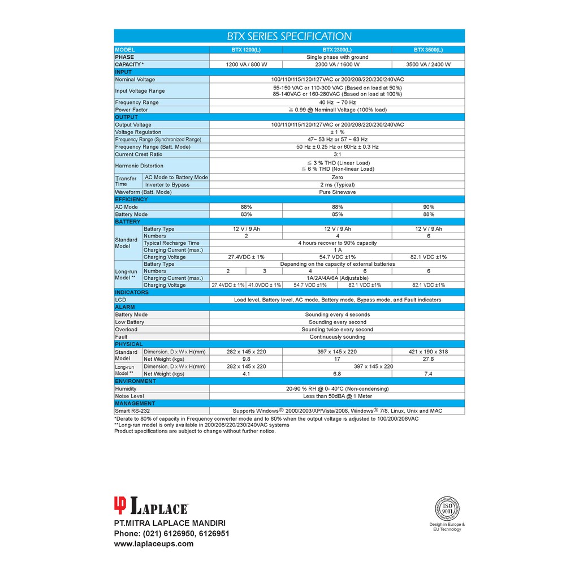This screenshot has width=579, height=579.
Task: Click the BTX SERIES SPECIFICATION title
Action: pyautogui.click(x=289, y=36)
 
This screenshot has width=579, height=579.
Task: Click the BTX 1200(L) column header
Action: pyautogui.click(x=245, y=50)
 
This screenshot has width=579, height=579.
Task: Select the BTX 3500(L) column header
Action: pyautogui.click(x=428, y=50)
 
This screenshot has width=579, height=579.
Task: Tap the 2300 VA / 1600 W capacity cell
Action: pyautogui.click(x=337, y=64)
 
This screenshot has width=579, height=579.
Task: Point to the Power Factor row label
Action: pyautogui.click(x=132, y=110)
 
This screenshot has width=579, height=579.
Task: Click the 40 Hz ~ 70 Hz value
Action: pyautogui.click(x=337, y=102)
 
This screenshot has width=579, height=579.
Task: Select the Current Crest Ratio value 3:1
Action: pyautogui.click(x=337, y=154)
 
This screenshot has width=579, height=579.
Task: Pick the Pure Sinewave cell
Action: pyautogui.click(x=337, y=192)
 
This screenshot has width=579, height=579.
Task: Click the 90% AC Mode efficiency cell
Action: pyautogui.click(x=428, y=207)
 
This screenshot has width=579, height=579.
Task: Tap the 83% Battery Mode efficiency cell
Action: pyautogui.click(x=245, y=215)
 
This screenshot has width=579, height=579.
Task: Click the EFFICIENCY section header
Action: pyautogui.click(x=131, y=200)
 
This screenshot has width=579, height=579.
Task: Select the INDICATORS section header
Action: pyautogui.click(x=132, y=292)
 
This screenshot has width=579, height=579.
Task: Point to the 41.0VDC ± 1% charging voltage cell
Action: pyautogui.click(x=264, y=286)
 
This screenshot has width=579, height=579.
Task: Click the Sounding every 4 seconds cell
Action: pyautogui.click(x=337, y=315)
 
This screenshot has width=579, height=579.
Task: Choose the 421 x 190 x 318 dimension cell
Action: pyautogui.click(x=428, y=352)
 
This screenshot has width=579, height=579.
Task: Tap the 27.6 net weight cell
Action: pyautogui.click(x=428, y=359)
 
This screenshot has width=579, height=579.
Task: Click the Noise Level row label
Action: pyautogui.click(x=129, y=396)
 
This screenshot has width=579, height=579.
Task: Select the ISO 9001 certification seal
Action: pyautogui.click(x=447, y=508)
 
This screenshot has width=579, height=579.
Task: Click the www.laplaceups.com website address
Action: pyautogui.click(x=154, y=544)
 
